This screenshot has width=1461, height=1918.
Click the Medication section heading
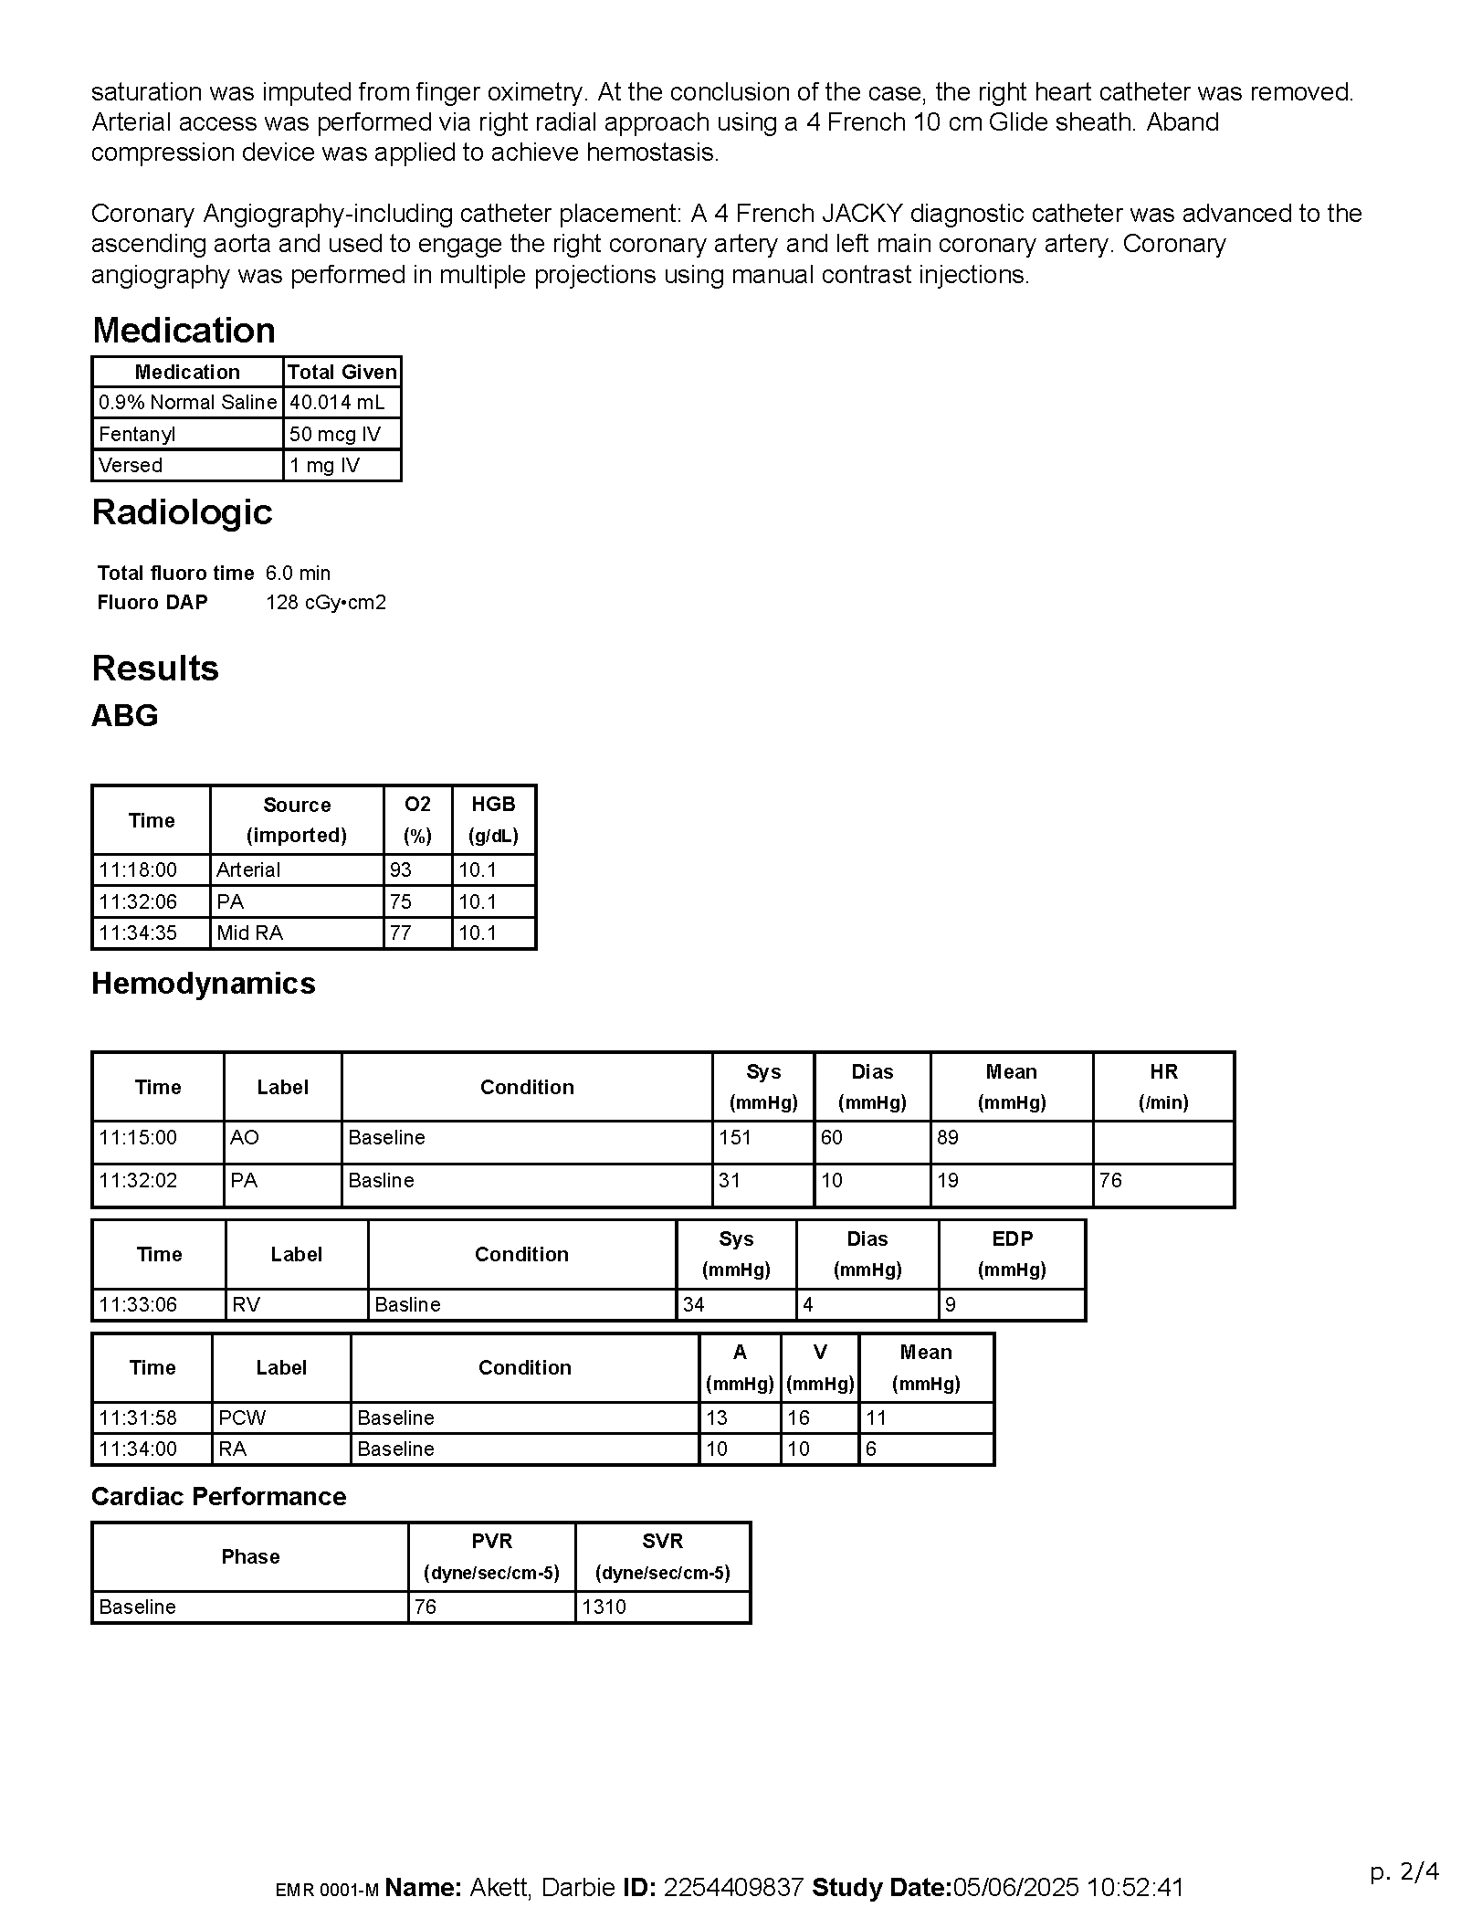pos(184,331)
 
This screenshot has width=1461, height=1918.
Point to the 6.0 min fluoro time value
pos(298,573)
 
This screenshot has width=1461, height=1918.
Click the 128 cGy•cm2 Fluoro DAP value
pos(326,603)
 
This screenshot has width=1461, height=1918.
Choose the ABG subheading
pos(125,715)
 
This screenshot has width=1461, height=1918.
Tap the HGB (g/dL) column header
pos(493,819)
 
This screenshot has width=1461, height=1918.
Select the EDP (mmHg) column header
pos(1012,1254)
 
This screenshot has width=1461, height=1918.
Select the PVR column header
pos(491,1556)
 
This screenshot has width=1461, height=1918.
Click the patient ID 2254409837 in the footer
pos(733,1888)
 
